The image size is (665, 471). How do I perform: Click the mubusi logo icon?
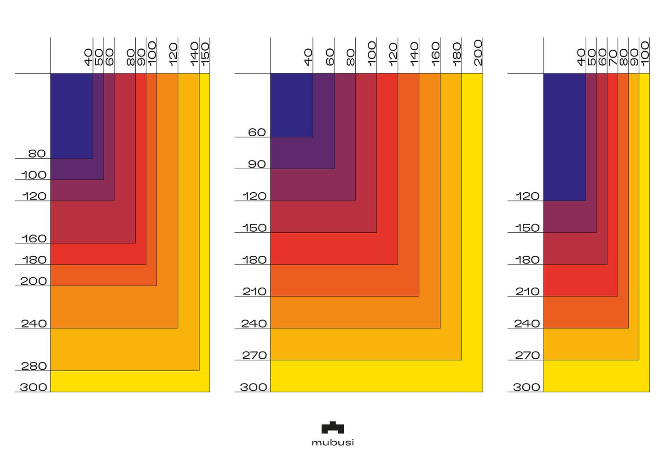332,428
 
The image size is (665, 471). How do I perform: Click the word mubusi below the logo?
332,442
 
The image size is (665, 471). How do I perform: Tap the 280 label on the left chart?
34,366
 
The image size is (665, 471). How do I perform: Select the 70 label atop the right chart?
613,57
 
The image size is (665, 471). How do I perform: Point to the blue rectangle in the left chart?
71,115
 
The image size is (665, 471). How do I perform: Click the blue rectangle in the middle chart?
291,105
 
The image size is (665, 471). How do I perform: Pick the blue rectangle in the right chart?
564,137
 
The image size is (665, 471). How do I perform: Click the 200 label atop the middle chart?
478,52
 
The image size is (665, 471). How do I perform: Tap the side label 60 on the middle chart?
257,132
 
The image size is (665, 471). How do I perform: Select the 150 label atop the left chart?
205,53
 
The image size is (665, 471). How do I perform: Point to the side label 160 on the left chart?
34,239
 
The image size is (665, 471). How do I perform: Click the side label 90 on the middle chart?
257,164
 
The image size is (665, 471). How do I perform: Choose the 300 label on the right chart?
526,387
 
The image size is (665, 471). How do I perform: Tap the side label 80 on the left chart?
37,154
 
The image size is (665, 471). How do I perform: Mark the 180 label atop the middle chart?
457,54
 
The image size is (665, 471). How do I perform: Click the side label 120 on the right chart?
527,196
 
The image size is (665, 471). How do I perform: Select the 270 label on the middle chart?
254,356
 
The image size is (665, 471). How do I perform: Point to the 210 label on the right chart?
527,292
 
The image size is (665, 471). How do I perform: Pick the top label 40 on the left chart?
88,57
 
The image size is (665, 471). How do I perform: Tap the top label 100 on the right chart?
645,53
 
